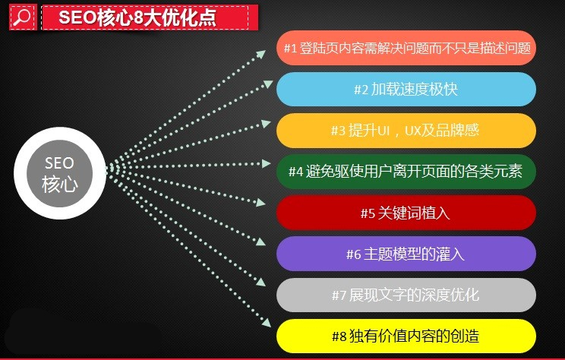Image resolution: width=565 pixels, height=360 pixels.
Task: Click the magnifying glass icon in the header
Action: click(22, 17)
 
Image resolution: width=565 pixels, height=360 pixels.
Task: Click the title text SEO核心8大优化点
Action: click(138, 17)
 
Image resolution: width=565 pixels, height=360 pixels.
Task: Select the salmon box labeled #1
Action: click(406, 48)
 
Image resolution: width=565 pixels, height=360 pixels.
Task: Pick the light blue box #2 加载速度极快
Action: click(406, 89)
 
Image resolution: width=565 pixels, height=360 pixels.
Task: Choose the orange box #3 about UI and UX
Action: click(406, 130)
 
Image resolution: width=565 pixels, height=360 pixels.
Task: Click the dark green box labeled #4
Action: click(406, 171)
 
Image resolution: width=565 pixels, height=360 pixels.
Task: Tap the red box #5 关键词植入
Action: click(406, 213)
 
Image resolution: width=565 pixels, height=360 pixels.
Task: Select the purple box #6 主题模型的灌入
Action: click(406, 254)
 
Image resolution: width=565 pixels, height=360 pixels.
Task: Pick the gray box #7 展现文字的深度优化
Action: click(406, 295)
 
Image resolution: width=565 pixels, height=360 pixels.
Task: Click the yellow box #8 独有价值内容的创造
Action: click(406, 335)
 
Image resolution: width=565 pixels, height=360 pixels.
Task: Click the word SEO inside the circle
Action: click(58, 163)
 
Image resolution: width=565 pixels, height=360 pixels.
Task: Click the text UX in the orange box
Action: click(414, 130)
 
